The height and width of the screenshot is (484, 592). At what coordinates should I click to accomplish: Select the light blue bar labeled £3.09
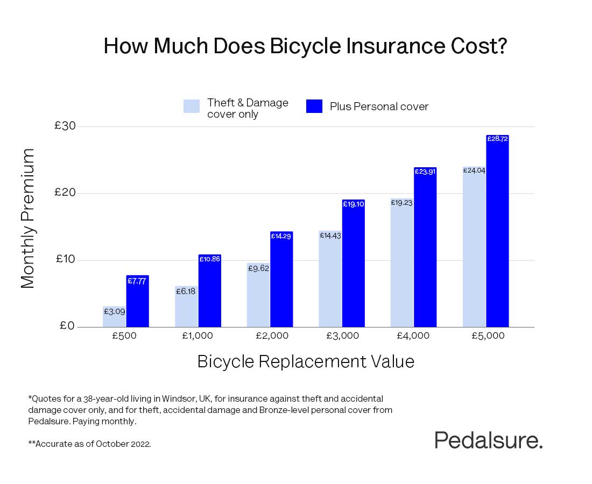tap(114, 317)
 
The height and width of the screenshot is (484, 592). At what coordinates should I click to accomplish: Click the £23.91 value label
tap(425, 172)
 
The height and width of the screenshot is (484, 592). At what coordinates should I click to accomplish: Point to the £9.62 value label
tap(258, 268)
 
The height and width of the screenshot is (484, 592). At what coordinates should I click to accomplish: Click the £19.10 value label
tap(353, 204)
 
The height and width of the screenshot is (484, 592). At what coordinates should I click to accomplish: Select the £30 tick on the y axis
tap(65, 126)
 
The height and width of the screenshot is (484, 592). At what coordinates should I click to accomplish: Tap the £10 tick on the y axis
tap(65, 260)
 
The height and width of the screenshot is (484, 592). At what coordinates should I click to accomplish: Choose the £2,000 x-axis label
tap(270, 336)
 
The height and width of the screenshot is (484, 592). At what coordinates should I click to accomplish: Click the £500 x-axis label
tap(125, 336)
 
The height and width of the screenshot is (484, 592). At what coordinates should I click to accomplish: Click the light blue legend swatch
tap(191, 106)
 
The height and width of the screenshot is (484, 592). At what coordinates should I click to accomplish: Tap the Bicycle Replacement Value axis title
tap(306, 361)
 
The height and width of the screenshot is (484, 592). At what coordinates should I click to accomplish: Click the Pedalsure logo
tap(488, 440)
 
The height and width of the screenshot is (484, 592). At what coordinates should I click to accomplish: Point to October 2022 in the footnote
tap(128, 445)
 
